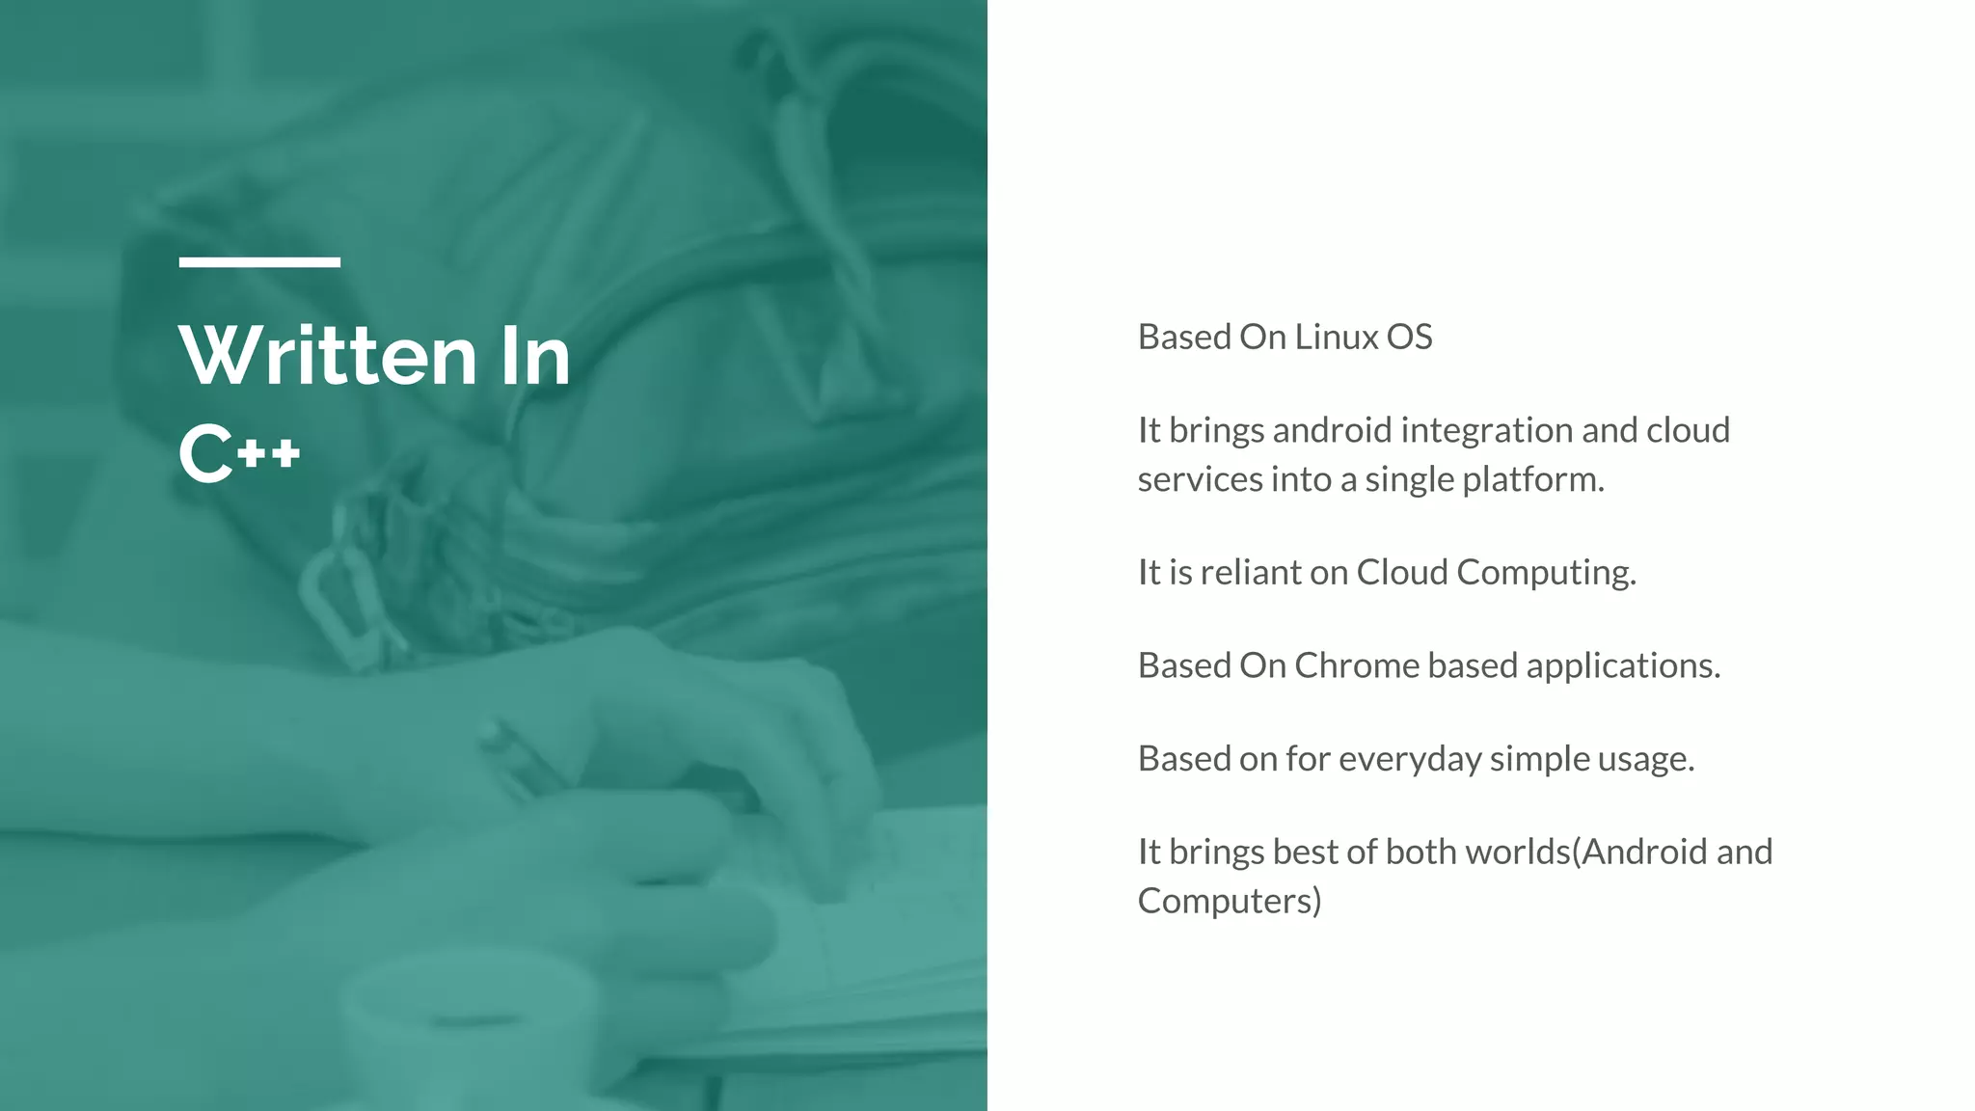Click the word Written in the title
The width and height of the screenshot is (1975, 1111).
tap(328, 356)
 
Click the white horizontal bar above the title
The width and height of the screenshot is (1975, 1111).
tap(259, 262)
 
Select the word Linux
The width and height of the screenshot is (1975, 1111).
tap(1336, 338)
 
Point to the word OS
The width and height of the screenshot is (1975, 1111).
tap(1409, 338)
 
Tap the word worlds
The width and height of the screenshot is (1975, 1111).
tap(1517, 852)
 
